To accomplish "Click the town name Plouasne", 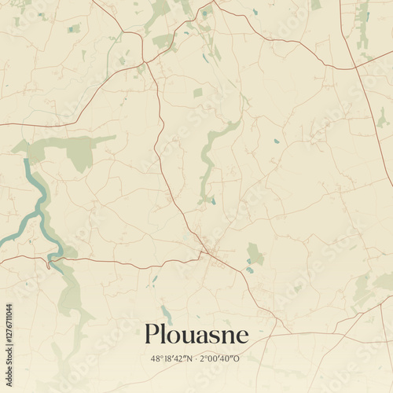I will [x=196, y=336].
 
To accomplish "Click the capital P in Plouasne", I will [x=152, y=336].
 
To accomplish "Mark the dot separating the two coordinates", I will [x=196, y=359].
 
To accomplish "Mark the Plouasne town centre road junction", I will [x=205, y=252].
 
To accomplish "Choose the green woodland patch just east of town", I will [x=255, y=253].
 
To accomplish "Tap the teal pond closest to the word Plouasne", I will [x=165, y=310].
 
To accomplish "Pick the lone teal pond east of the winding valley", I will [x=276, y=141].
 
